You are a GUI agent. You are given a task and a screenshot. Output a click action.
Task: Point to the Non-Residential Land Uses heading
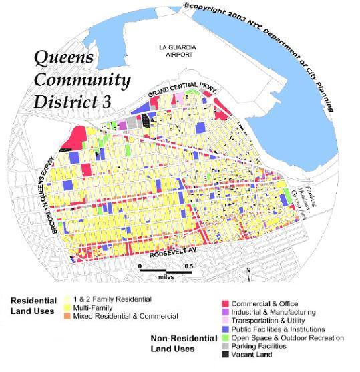pyautogui.click(x=173, y=343)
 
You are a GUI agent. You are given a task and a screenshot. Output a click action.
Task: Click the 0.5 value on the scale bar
pyautogui.click(x=190, y=265)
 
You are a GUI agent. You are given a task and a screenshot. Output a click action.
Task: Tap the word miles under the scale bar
pyautogui.click(x=166, y=276)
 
